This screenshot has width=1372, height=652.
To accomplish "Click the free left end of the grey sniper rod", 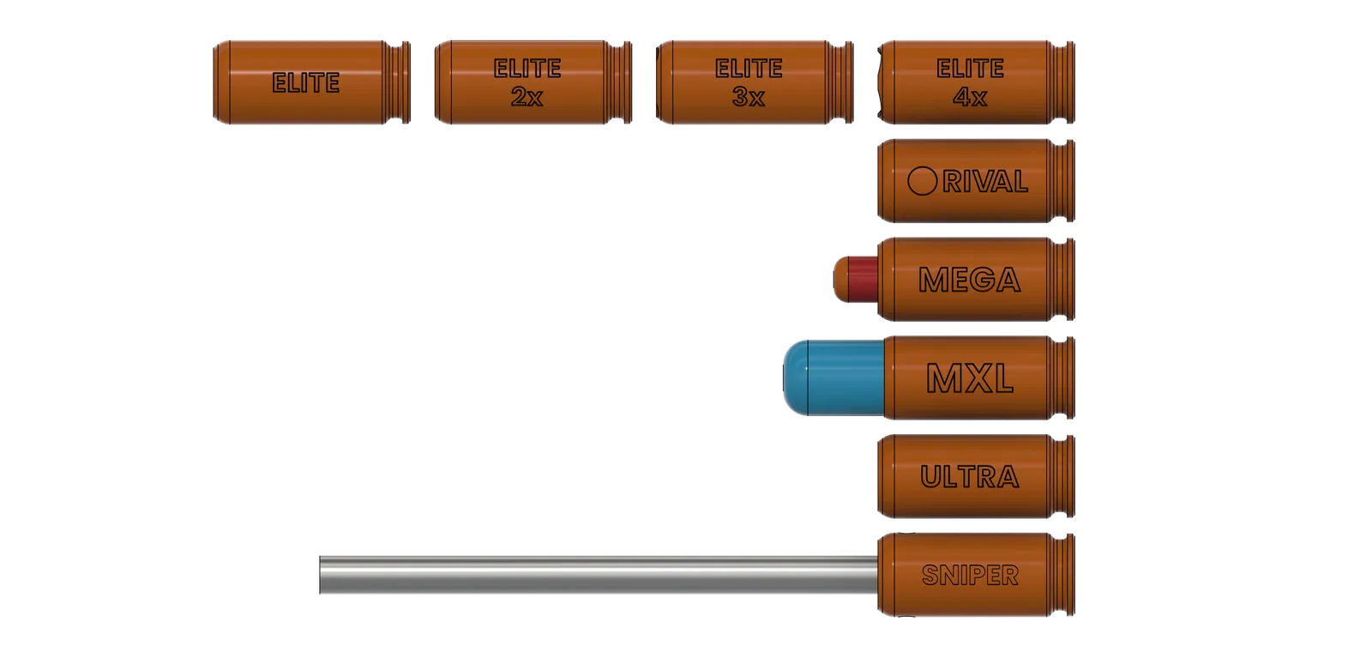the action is click(x=320, y=575).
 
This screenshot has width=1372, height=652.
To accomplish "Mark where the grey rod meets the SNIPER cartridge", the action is click(x=877, y=575).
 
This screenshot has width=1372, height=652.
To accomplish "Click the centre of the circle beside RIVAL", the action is click(x=922, y=181).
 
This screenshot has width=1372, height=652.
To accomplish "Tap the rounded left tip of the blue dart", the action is click(x=784, y=377).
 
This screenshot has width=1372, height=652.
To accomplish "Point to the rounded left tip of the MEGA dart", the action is click(x=834, y=280).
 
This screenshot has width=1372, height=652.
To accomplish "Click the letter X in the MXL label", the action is click(x=970, y=378).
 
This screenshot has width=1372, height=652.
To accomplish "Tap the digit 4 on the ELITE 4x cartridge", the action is click(x=961, y=97).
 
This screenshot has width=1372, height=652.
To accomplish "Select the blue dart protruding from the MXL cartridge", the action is click(x=834, y=377).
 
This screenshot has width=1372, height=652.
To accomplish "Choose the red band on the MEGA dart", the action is click(x=864, y=280).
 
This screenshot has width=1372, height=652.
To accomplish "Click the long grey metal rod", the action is click(x=599, y=575).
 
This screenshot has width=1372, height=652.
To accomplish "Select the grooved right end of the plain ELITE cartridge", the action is click(x=397, y=82).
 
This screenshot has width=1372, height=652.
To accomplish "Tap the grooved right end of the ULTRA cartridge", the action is click(x=1061, y=477).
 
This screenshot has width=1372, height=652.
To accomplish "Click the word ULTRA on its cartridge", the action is click(x=970, y=477).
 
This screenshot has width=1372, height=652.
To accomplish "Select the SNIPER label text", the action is click(x=970, y=576).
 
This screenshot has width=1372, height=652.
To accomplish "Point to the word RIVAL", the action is click(x=985, y=181).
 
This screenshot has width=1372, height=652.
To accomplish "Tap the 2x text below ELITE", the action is click(x=527, y=97).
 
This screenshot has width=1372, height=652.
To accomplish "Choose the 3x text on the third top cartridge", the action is click(x=749, y=97).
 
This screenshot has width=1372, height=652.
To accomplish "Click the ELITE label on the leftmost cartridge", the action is click(x=305, y=82).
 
